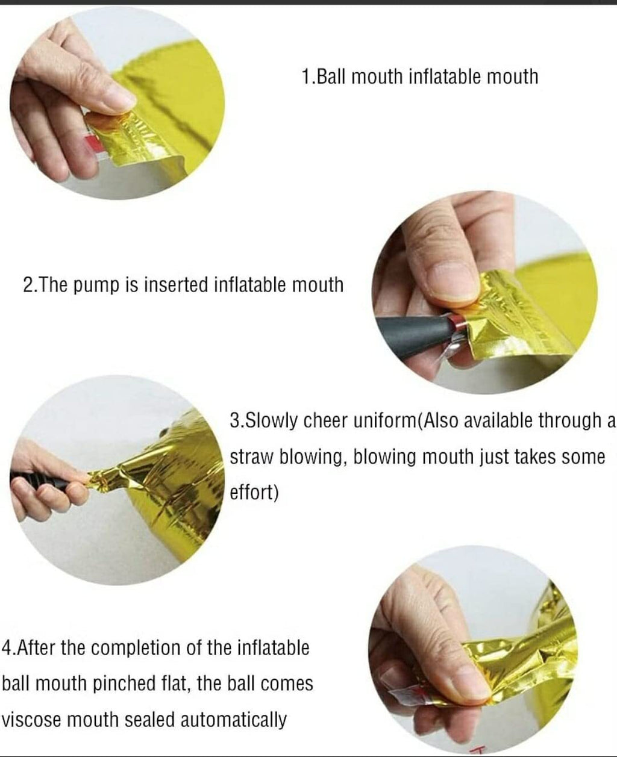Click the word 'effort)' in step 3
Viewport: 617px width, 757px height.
[254, 493]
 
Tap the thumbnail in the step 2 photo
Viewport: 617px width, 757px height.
[453, 281]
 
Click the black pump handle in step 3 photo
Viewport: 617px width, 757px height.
[39, 479]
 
